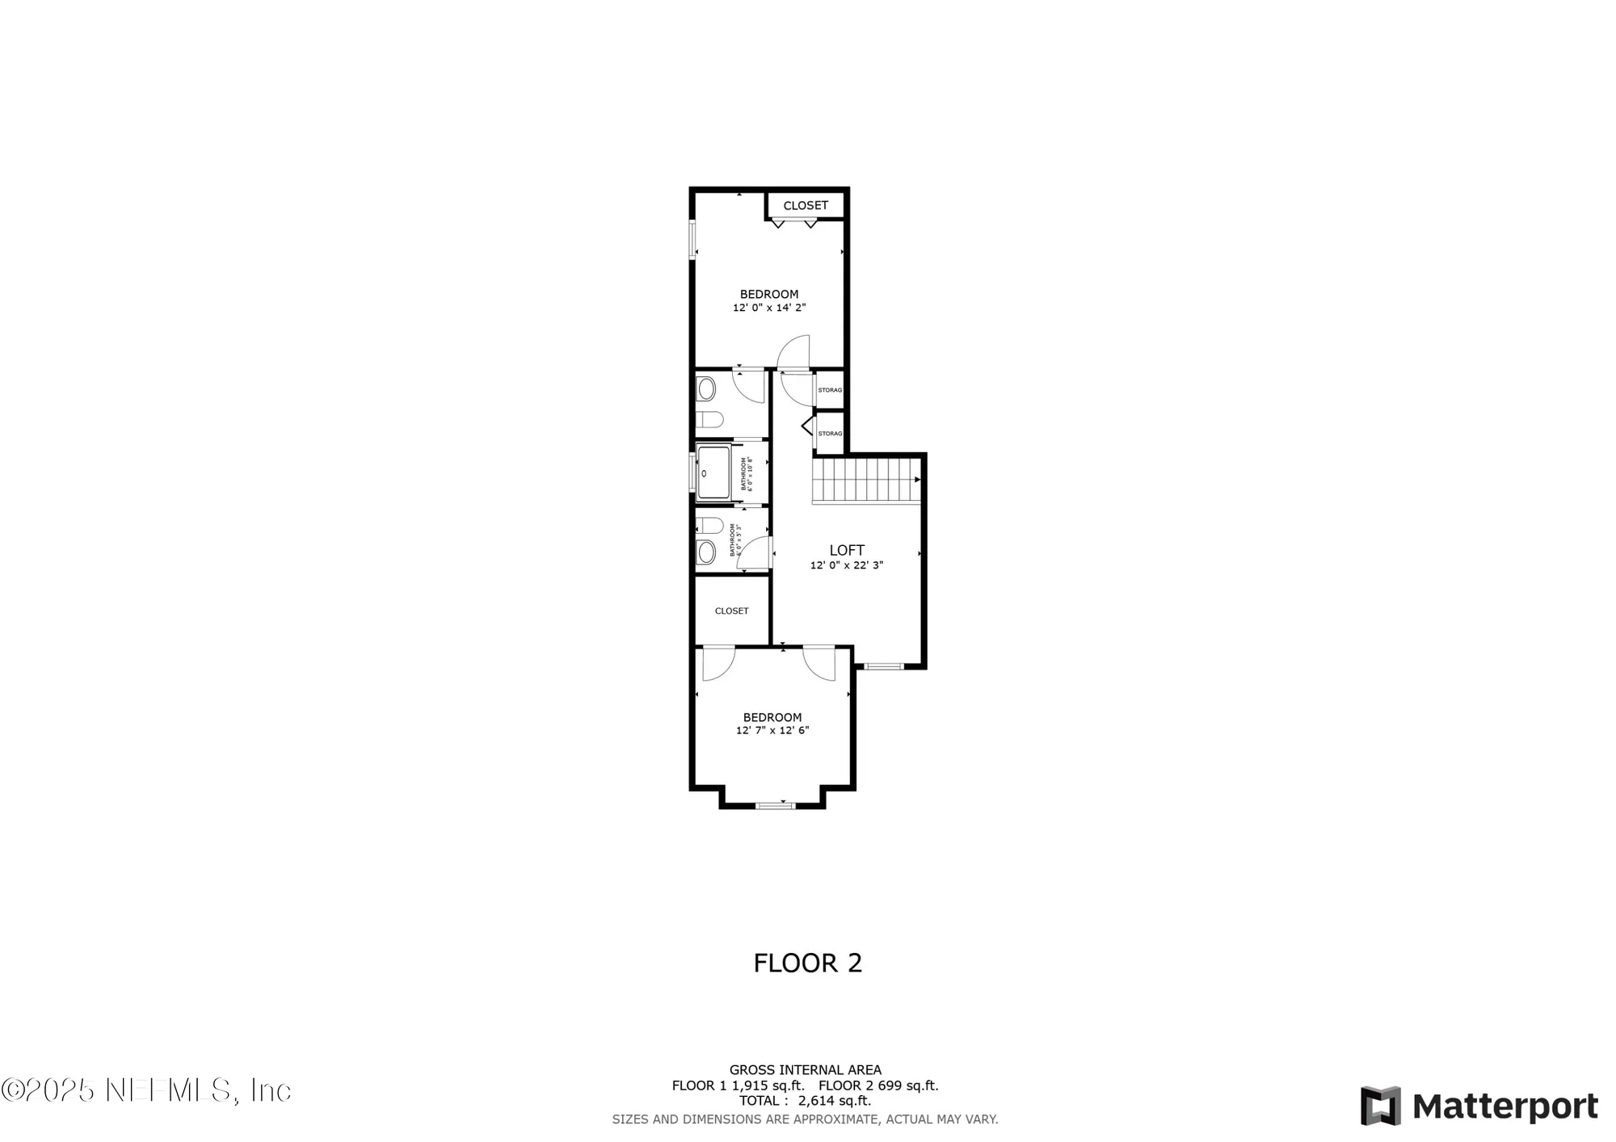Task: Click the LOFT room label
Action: click(x=847, y=551)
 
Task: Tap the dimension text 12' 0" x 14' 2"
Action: click(x=769, y=308)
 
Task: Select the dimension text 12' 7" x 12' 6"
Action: click(x=772, y=731)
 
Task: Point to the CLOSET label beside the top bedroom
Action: click(x=806, y=205)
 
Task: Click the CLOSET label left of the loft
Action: click(x=731, y=611)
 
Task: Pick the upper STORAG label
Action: click(x=830, y=390)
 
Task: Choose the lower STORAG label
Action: click(x=830, y=434)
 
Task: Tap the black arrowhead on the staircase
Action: click(x=917, y=480)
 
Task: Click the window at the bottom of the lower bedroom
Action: click(x=776, y=804)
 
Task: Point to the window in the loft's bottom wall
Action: click(x=883, y=666)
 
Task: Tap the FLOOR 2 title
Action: click(x=808, y=963)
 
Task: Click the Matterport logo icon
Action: click(x=1380, y=1106)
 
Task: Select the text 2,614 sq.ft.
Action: click(x=834, y=1101)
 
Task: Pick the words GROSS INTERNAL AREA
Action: click(x=806, y=1070)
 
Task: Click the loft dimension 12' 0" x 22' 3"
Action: click(x=847, y=565)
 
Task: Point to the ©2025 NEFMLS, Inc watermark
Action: click(x=146, y=1090)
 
